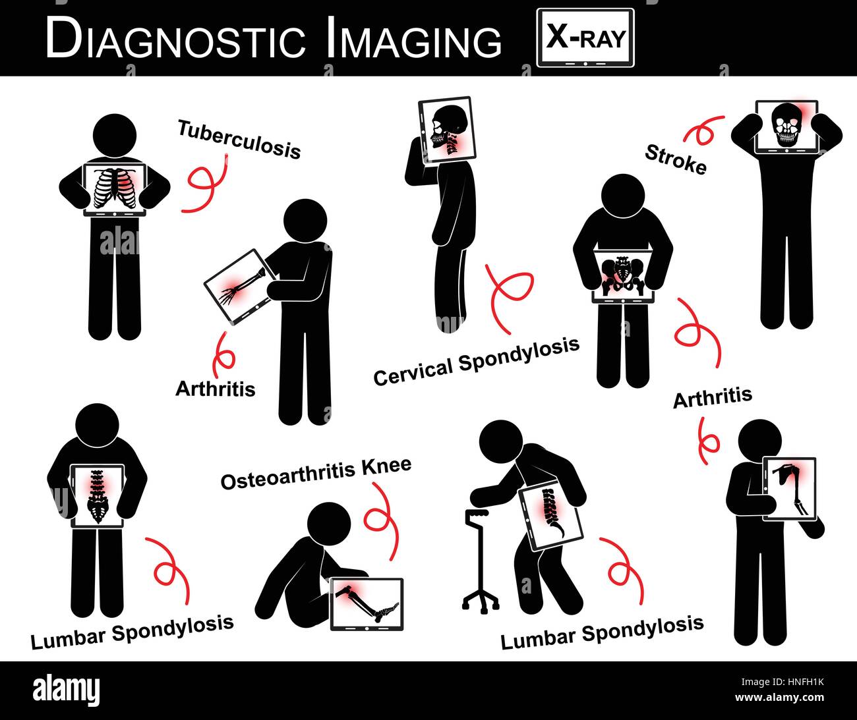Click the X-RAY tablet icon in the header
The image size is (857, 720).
pyautogui.click(x=585, y=38)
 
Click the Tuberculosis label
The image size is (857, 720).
pyautogui.click(x=239, y=139)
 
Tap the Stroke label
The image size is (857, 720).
pyautogui.click(x=675, y=159)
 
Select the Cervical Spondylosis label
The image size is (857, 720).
pyautogui.click(x=476, y=362)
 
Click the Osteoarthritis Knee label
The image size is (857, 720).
pyautogui.click(x=316, y=474)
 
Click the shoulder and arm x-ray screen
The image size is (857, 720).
pyautogui.click(x=789, y=489)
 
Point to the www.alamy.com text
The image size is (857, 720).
pyautogui.click(x=779, y=697)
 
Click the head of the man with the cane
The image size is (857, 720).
pyautogui.click(x=503, y=445)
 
